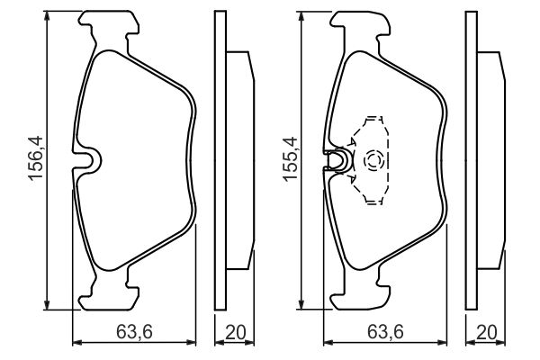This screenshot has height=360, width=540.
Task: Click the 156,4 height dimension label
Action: (x=36, y=157)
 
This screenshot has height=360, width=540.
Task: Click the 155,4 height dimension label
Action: (x=290, y=157)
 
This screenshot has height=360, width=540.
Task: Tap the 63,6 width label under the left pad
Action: (x=134, y=332)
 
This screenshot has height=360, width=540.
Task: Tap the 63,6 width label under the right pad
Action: (x=385, y=332)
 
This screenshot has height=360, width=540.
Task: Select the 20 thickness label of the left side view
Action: (x=236, y=332)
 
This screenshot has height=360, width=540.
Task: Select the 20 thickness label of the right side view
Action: (x=487, y=332)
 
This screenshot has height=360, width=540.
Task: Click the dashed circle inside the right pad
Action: (x=373, y=161)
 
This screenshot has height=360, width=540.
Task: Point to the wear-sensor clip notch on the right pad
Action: (x=339, y=160)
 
